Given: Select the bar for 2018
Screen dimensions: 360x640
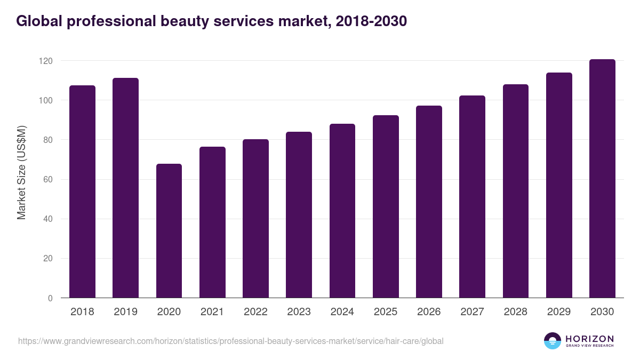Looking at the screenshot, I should tap(82, 191).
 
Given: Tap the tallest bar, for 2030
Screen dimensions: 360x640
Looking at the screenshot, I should tap(602, 179).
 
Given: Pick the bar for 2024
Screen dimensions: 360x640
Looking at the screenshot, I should tap(342, 211).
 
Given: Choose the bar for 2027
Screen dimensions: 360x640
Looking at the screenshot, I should tap(472, 197).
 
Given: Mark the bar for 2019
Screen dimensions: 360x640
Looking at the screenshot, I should tap(125, 188).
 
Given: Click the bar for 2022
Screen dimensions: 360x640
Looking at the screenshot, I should tap(255, 219).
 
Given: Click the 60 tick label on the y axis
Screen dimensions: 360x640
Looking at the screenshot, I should tap(48, 180).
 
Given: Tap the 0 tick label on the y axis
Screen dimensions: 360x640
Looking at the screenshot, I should tap(50, 299).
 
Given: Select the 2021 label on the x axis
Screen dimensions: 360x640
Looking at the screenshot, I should tap(212, 312).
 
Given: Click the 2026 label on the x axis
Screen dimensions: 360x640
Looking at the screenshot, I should tap(429, 312).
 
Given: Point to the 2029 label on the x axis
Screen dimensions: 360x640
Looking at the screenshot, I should tap(559, 312).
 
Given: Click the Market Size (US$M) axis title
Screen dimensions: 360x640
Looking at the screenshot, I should tap(21, 173).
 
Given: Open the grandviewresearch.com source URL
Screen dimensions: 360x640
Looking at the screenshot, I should tap(230, 341).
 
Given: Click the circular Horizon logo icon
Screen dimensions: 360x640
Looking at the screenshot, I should tap(553, 341).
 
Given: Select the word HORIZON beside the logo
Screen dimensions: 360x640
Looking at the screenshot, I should tap(589, 339).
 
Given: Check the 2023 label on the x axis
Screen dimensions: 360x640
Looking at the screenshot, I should tap(299, 312).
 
